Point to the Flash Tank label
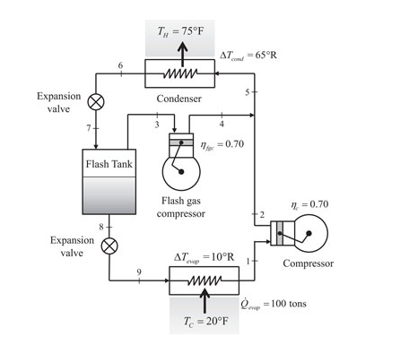(x=109, y=164)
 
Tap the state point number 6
(x=120, y=66)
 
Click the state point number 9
(x=138, y=272)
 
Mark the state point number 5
(x=247, y=92)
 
